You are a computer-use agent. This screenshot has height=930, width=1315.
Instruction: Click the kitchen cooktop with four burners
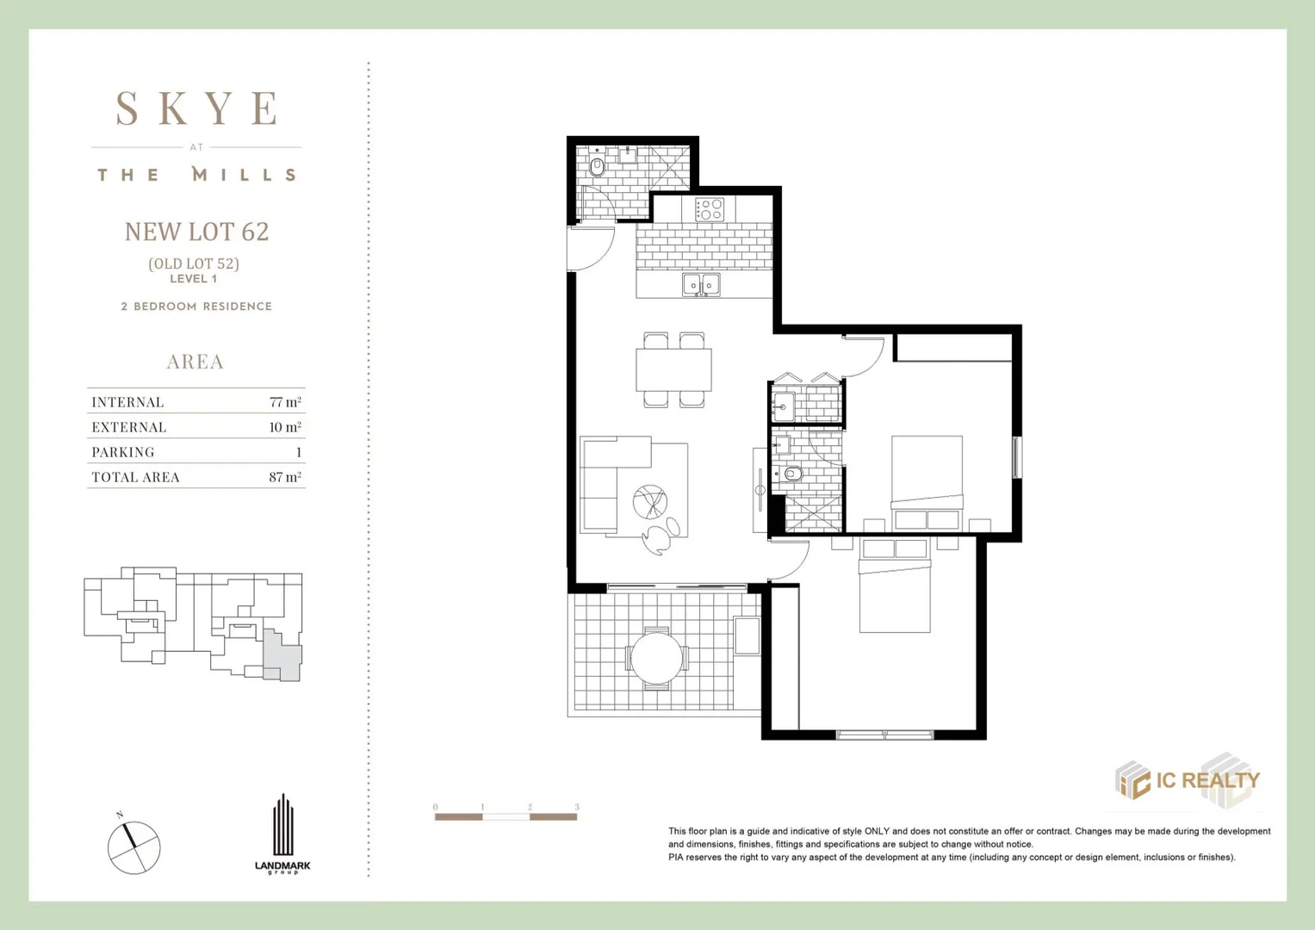(x=710, y=209)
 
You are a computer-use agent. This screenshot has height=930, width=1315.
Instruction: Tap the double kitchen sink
(x=701, y=285)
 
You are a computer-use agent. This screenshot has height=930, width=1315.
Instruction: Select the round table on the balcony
(x=656, y=658)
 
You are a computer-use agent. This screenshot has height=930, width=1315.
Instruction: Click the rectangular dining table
(x=673, y=370)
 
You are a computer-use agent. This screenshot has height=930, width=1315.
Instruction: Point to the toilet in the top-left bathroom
(x=597, y=167)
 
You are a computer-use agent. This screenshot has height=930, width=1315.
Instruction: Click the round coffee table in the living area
(x=650, y=502)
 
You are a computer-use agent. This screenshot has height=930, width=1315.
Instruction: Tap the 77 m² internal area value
(x=285, y=401)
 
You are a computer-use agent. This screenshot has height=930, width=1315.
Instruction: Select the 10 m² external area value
(x=285, y=427)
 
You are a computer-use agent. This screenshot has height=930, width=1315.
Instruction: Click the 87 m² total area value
(x=285, y=477)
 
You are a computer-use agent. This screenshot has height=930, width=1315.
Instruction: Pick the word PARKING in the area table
(x=123, y=452)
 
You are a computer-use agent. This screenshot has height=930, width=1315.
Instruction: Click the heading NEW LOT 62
(x=196, y=232)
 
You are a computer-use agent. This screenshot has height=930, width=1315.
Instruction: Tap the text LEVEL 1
(x=194, y=279)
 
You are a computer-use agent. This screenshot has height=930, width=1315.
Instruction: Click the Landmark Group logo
(x=283, y=834)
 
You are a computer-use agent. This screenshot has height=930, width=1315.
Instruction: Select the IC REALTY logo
(x=1188, y=781)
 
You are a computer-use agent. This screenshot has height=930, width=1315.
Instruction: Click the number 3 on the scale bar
(x=576, y=807)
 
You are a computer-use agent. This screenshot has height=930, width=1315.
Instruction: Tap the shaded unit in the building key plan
(x=282, y=656)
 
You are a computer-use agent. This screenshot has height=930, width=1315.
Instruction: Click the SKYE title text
(x=196, y=108)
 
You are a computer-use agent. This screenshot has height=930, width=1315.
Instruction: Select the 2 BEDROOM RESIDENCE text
(x=196, y=307)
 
